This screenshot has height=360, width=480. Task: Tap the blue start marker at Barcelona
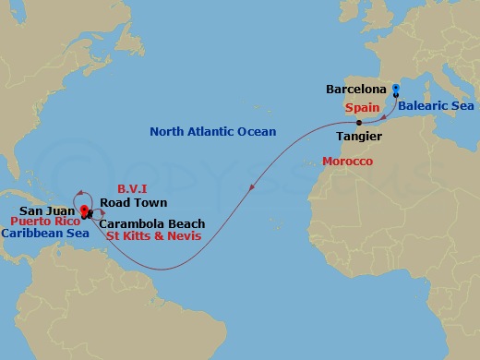click(x=396, y=90)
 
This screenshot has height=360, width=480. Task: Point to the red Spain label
click(x=364, y=106)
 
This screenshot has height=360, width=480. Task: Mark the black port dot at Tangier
click(x=355, y=122)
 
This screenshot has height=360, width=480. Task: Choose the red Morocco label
click(x=347, y=162)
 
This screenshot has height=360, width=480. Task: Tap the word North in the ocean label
click(x=166, y=132)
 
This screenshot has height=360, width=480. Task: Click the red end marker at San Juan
click(x=84, y=210)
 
